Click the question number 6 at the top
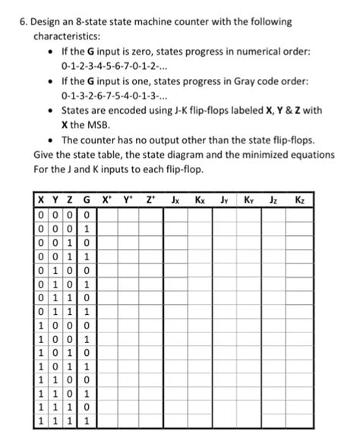pos(24,20)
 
